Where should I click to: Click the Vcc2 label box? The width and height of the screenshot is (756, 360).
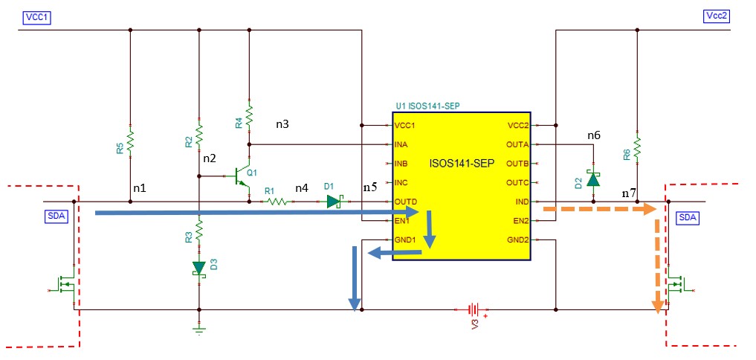pyautogui.click(x=719, y=16)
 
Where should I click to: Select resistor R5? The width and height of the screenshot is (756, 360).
pyautogui.click(x=130, y=141)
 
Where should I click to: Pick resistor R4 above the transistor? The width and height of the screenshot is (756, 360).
pyautogui.click(x=249, y=116)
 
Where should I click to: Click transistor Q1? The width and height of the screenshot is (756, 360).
pyautogui.click(x=240, y=177)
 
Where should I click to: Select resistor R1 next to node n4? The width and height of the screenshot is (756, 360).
pyautogui.click(x=277, y=202)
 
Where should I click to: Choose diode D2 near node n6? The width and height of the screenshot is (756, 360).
pyautogui.click(x=593, y=179)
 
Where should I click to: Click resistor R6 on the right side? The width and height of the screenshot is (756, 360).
pyautogui.click(x=637, y=144)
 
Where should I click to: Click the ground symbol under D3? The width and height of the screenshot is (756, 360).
pyautogui.click(x=199, y=329)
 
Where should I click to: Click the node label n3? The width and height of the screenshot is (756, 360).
pyautogui.click(x=283, y=124)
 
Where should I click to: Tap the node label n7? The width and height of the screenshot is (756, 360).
pyautogui.click(x=629, y=193)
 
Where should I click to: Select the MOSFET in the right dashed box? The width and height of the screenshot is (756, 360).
pyautogui.click(x=678, y=286)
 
